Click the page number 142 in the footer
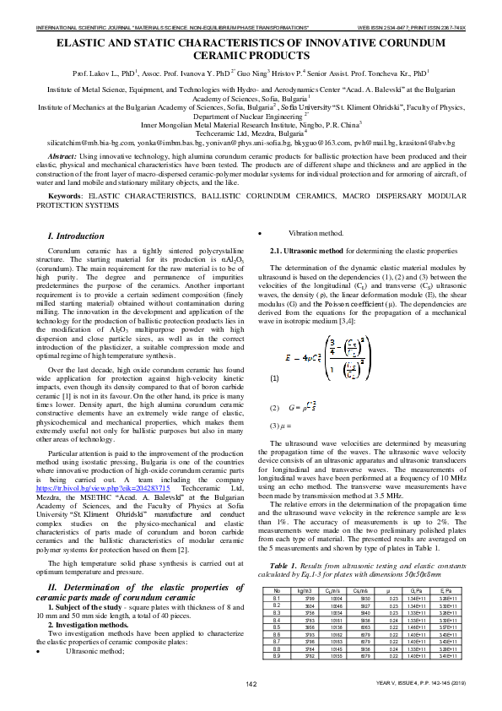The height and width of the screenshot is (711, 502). pos(251,706)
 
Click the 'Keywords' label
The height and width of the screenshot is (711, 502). pos(67,197)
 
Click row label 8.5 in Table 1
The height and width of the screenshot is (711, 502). pos(278,652)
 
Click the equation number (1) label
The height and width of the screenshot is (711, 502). pos(274,378)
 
